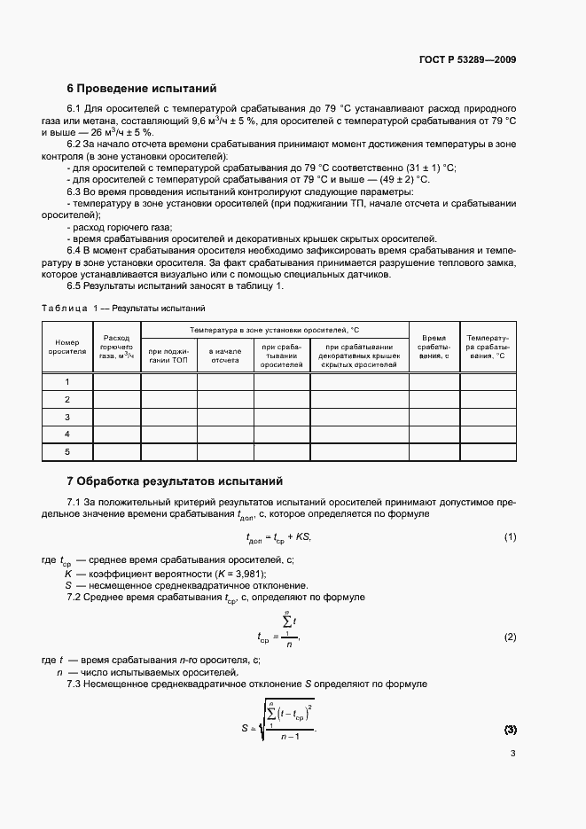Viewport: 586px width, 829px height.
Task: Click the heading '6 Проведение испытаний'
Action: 142,89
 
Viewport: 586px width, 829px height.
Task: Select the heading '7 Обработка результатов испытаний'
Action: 175,481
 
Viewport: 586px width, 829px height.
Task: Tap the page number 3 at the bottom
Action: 512,754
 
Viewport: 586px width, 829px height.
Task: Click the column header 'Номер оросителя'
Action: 67,346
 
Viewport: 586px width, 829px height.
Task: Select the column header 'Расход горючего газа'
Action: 116,346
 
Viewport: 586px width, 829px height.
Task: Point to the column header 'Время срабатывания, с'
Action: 434,346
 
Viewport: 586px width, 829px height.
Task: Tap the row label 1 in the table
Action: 67,382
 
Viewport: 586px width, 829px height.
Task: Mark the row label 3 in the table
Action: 67,417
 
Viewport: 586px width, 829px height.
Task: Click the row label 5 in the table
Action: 67,452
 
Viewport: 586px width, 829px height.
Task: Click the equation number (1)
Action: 510,537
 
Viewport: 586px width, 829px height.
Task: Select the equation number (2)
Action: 510,637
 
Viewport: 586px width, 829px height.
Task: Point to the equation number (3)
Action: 510,730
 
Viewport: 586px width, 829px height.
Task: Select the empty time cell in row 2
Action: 434,400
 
